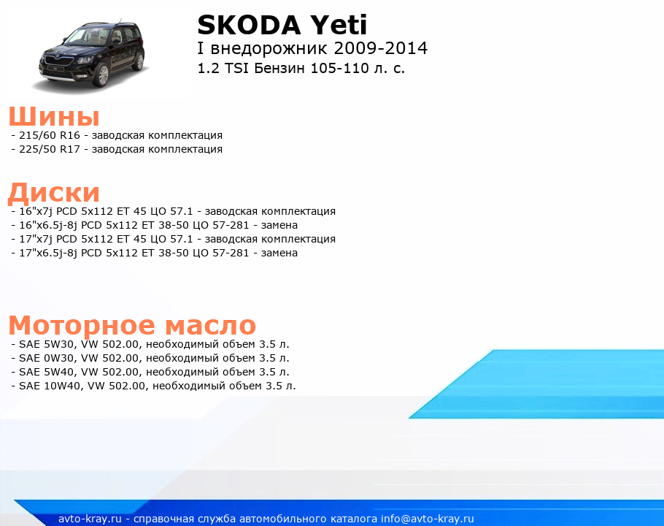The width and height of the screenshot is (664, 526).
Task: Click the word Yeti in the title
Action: (339, 25)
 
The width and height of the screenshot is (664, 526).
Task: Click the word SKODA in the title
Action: (249, 25)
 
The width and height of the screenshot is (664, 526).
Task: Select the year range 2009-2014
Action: (380, 48)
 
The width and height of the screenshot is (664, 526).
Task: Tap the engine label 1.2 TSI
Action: (223, 68)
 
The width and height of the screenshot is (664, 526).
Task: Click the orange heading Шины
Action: (54, 116)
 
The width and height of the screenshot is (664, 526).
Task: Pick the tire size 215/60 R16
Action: (50, 135)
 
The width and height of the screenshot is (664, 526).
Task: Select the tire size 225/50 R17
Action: (50, 149)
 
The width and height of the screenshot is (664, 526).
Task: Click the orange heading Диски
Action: (54, 192)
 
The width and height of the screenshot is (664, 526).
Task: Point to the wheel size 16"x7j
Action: (36, 211)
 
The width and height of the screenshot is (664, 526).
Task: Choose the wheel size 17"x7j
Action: (36, 239)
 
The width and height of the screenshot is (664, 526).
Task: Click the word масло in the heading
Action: (210, 326)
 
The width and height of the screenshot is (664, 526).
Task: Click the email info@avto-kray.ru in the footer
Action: (428, 519)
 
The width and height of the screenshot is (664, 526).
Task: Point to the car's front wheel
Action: (103, 75)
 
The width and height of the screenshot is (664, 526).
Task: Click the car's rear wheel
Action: (139, 61)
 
